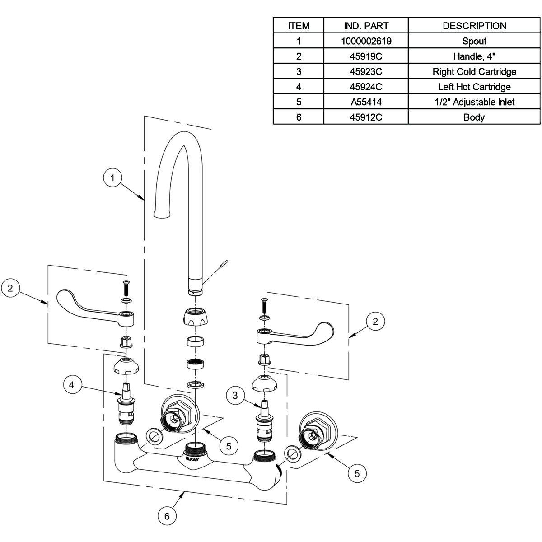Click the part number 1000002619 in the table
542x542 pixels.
(x=366, y=41)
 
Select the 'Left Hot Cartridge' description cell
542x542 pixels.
(x=474, y=87)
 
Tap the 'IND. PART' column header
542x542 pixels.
(x=366, y=26)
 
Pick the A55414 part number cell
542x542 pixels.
(x=366, y=102)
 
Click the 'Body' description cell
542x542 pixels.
(x=474, y=117)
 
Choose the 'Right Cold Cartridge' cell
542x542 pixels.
(x=474, y=71)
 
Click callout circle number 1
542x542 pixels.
(x=113, y=178)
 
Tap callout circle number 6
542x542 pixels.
(x=167, y=516)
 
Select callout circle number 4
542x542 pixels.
(x=72, y=385)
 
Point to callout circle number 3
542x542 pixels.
(x=235, y=396)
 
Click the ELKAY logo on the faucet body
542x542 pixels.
(x=192, y=458)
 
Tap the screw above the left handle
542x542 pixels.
(x=126, y=287)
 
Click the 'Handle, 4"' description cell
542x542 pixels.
(x=474, y=56)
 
